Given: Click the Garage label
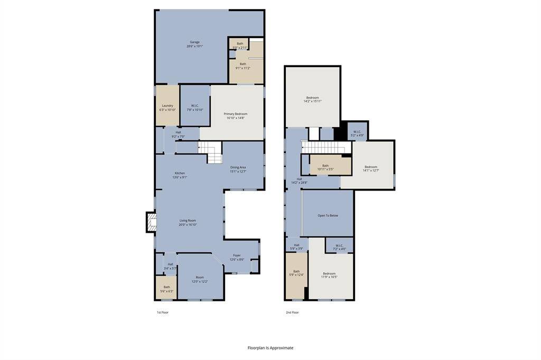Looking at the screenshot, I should (x=194, y=44).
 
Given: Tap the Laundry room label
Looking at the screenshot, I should (x=167, y=108).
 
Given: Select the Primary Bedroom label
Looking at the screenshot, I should (x=236, y=116).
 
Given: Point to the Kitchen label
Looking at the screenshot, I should (x=180, y=175).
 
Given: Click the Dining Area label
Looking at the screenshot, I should (x=238, y=169).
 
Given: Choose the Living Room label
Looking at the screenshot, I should (x=188, y=222).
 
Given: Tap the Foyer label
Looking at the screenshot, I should (x=237, y=257).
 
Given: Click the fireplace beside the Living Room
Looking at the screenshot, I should (x=151, y=222).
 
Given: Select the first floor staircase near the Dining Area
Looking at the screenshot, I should (x=211, y=153).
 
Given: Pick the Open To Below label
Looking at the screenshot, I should (x=328, y=215).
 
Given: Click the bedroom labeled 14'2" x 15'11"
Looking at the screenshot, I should (x=312, y=99).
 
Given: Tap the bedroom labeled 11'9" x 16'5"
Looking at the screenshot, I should (x=329, y=275).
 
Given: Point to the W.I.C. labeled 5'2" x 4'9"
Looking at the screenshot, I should (x=357, y=134).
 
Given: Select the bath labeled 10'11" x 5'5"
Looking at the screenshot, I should (x=325, y=167).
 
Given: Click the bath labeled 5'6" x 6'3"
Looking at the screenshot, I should (x=166, y=289).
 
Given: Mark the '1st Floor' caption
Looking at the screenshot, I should (x=162, y=312).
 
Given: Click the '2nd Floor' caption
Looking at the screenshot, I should (x=292, y=312).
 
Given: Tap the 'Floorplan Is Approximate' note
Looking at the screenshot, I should (x=270, y=348).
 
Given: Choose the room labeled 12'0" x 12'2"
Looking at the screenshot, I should (x=200, y=279).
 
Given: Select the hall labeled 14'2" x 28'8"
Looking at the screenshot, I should (x=299, y=181).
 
